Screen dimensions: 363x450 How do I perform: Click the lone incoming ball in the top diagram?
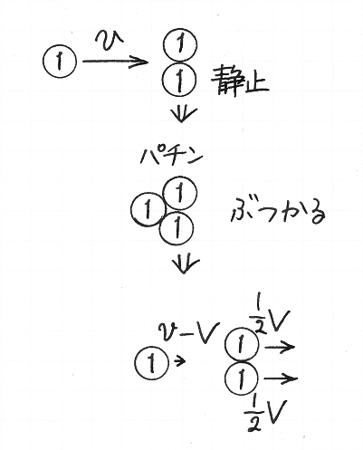(60, 61)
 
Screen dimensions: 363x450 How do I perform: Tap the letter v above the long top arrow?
(109, 38)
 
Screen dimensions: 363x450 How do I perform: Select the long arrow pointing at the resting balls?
(116, 62)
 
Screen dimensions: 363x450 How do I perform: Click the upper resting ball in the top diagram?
(180, 45)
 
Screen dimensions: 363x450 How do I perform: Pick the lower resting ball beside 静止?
(179, 79)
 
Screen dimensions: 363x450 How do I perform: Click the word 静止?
(240, 81)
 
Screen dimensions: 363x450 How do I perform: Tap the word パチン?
(171, 156)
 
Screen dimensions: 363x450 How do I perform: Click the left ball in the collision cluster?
(148, 209)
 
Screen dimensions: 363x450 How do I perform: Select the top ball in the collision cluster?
(180, 193)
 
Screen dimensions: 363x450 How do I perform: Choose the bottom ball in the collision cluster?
(177, 228)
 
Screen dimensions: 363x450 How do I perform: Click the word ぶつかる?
(278, 212)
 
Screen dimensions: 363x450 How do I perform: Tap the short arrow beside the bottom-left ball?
(179, 360)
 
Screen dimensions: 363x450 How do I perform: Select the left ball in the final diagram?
(151, 362)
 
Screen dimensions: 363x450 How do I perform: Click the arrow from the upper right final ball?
(280, 347)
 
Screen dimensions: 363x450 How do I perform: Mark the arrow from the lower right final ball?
(281, 378)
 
